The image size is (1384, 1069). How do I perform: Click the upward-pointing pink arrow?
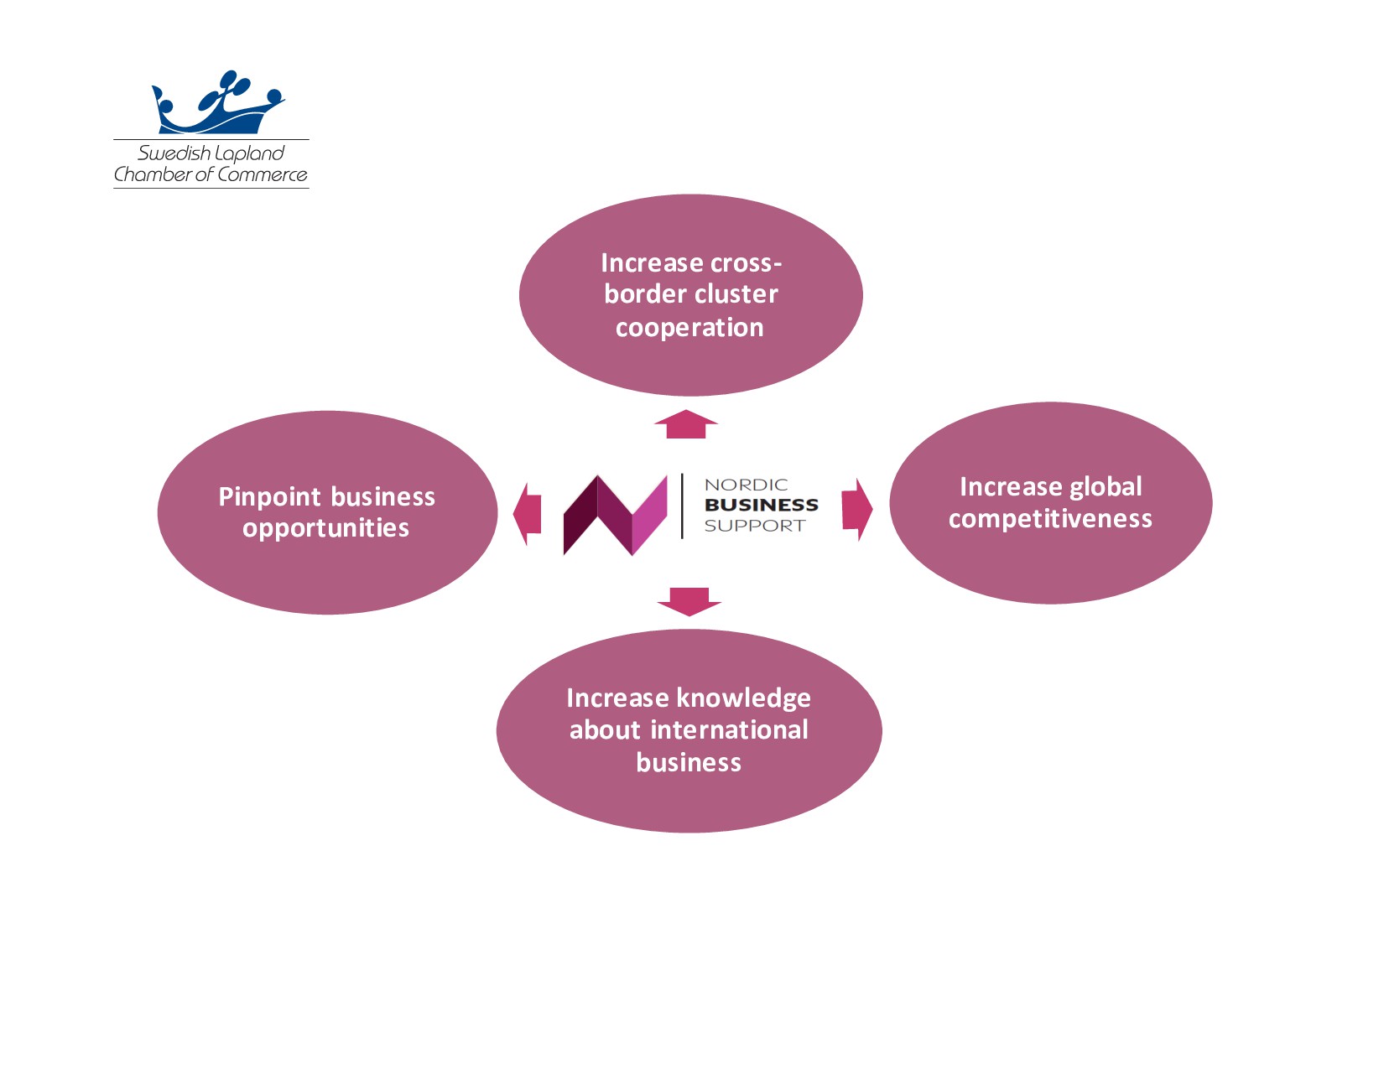(x=686, y=424)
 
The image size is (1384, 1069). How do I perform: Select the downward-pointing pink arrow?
(x=689, y=601)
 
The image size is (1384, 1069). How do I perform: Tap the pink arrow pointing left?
(x=528, y=514)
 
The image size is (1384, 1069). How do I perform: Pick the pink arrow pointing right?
(x=856, y=509)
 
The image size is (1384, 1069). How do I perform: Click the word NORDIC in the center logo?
(x=746, y=485)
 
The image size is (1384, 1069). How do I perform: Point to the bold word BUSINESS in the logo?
(x=761, y=505)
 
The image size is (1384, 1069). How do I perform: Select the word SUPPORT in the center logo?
(x=754, y=526)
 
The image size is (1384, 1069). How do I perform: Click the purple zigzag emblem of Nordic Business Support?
(x=615, y=515)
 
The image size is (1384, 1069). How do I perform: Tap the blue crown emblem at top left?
(x=218, y=105)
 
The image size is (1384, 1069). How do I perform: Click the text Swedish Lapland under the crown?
(x=211, y=153)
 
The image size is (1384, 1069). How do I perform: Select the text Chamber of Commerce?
(x=211, y=174)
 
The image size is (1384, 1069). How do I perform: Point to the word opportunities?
(x=325, y=528)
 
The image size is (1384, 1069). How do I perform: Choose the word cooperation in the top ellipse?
(x=689, y=328)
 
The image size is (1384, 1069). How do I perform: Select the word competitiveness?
(x=1050, y=519)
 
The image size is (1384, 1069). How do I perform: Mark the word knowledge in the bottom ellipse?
(x=743, y=698)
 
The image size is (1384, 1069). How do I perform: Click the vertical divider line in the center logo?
(x=682, y=506)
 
